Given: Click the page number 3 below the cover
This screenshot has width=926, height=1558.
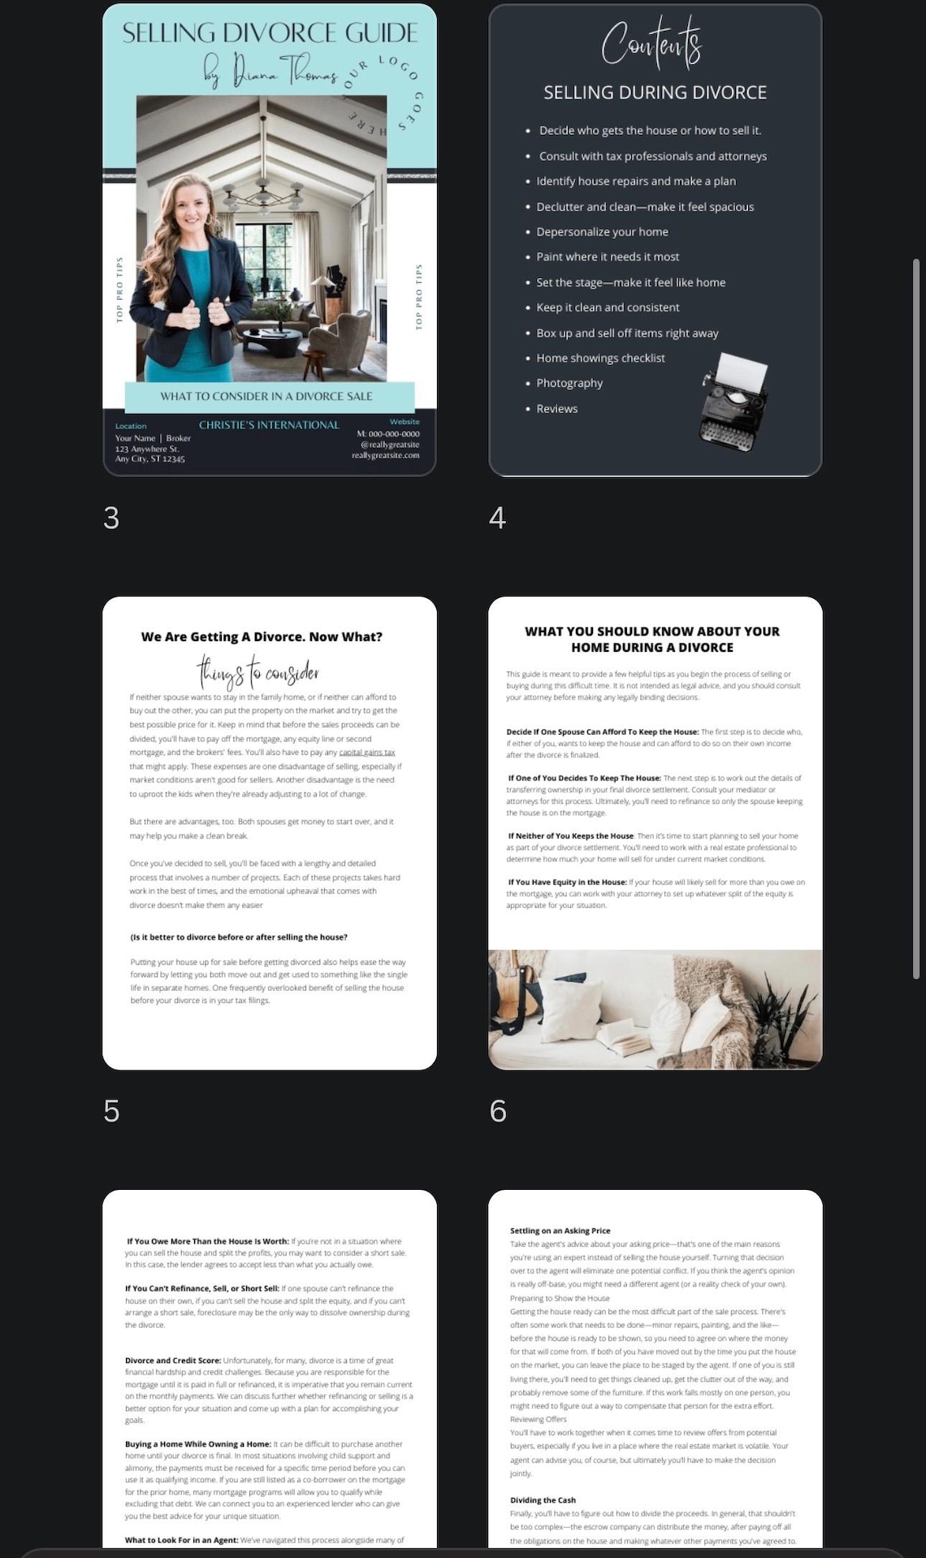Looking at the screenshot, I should pos(111,518).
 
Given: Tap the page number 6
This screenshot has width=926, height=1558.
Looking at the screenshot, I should pos(498,1111).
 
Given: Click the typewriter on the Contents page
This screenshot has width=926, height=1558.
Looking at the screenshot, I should pos(733,398).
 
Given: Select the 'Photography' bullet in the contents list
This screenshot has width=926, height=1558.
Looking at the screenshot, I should pos(569,383).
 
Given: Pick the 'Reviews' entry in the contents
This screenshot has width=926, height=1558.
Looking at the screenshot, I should pos(557,409).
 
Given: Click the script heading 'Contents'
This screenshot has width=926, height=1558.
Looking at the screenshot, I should pos(651,42).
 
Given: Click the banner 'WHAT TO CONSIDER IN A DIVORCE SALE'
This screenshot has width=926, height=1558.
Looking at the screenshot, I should pos(266,397).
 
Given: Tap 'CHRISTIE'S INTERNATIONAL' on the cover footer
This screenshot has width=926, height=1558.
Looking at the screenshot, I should pos(269,425).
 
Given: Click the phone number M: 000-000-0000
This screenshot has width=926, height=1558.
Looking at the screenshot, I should pos(388,434).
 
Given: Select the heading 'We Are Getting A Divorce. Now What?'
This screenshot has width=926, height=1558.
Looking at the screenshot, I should pos(262,637).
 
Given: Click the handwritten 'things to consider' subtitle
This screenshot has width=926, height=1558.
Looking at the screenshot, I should pos(257,673).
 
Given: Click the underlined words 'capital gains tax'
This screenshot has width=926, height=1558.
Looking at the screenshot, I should pos(367,753).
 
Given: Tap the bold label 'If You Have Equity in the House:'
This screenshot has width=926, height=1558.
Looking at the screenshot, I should pos(568,882).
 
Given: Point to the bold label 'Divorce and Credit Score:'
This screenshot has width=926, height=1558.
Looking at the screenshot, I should pos(173,1361).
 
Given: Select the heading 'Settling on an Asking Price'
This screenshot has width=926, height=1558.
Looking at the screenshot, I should pos(560,1230).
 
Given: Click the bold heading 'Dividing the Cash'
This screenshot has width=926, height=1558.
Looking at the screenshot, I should pos(543,1500).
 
